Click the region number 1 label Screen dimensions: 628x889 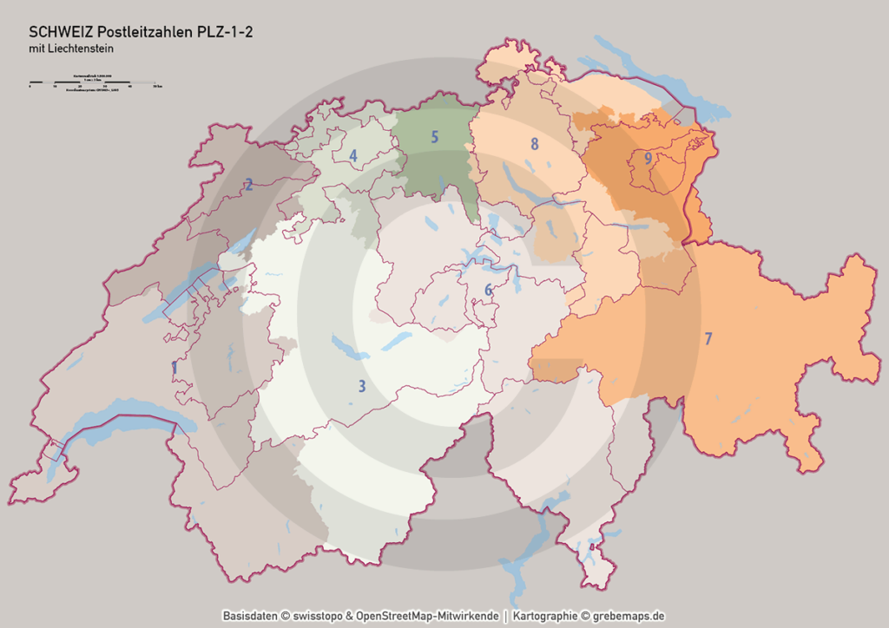[x=175, y=369]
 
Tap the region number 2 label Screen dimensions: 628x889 [x=249, y=184]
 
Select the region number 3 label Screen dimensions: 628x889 [x=362, y=387]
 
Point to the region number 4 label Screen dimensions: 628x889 [x=353, y=156]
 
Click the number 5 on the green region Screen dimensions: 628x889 [x=434, y=136]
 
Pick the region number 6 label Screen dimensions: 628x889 [x=489, y=290]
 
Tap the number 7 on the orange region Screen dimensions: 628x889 [x=708, y=338]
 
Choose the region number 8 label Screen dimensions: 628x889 [x=535, y=143]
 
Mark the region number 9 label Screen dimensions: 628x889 [x=648, y=158]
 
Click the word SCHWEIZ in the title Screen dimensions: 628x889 [x=57, y=32]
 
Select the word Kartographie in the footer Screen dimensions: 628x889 [x=545, y=616]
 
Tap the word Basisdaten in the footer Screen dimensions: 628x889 [x=250, y=616]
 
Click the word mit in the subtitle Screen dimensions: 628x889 [x=36, y=49]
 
